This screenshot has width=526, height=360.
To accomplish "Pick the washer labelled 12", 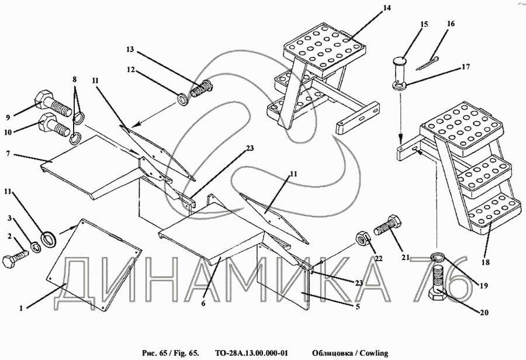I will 182,99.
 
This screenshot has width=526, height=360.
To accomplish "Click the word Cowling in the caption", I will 371,353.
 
